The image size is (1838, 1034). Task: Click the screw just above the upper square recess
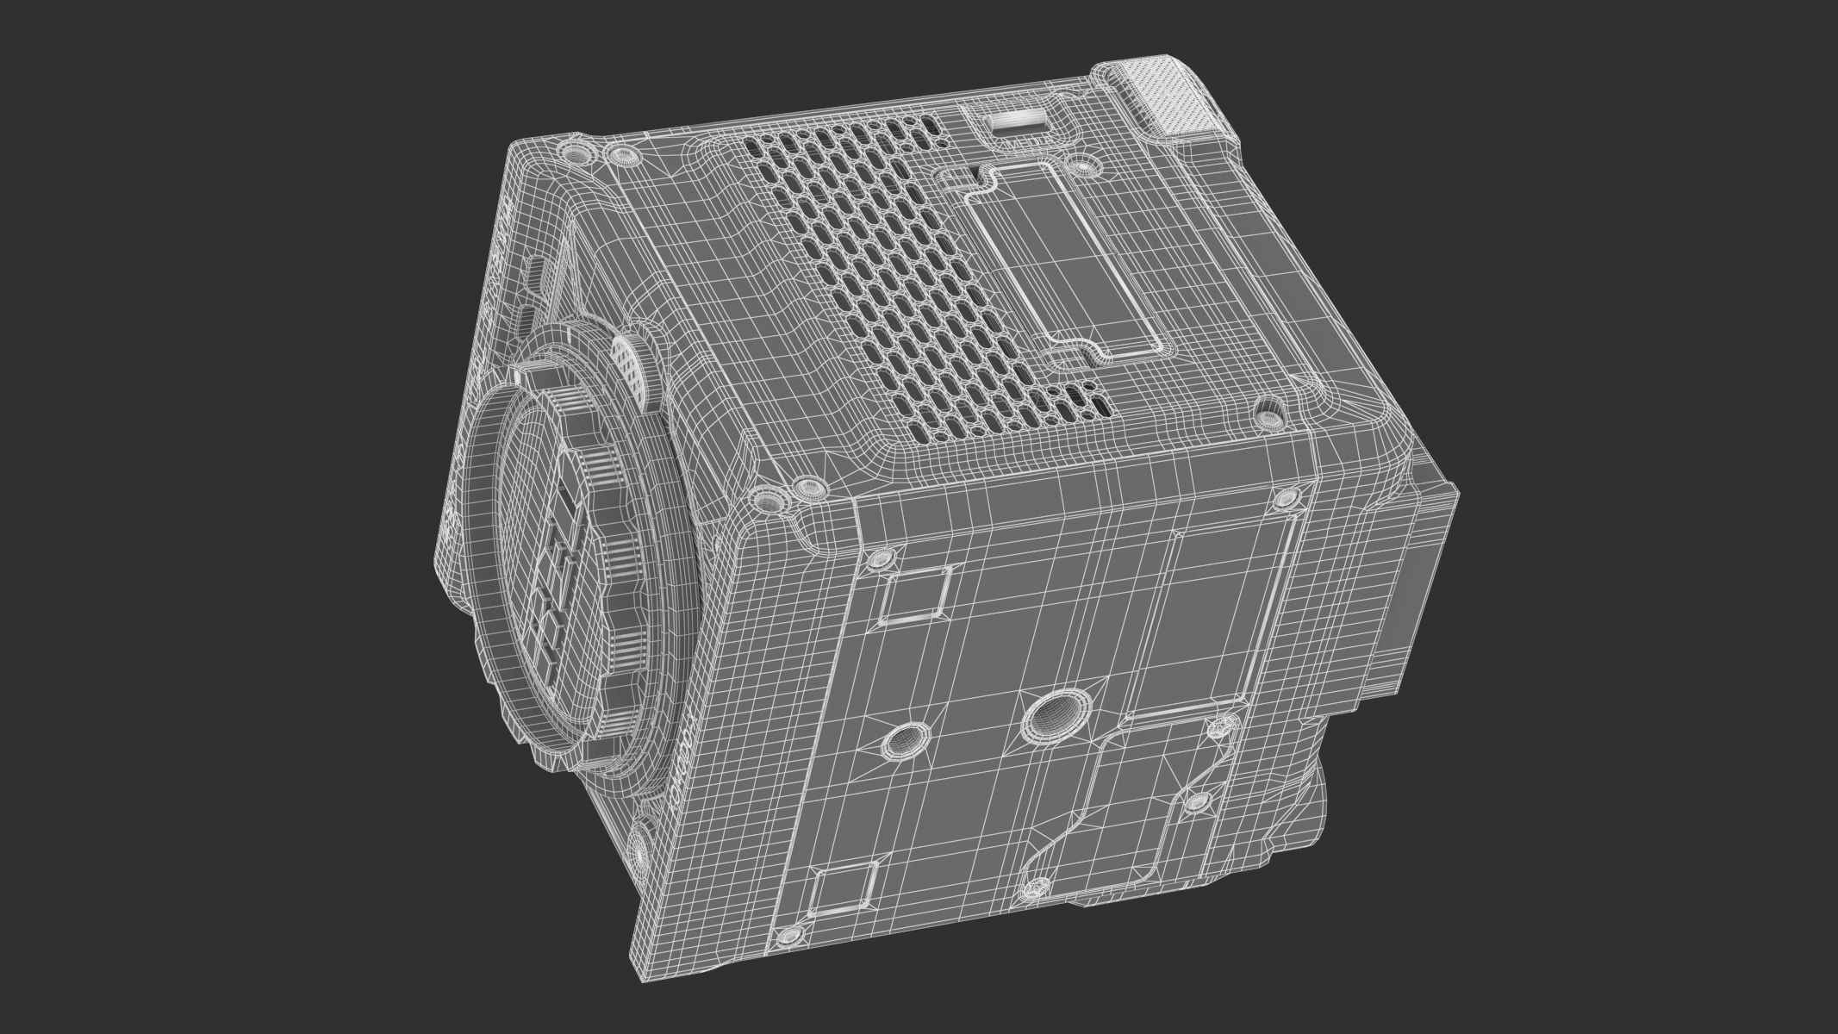click(879, 558)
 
